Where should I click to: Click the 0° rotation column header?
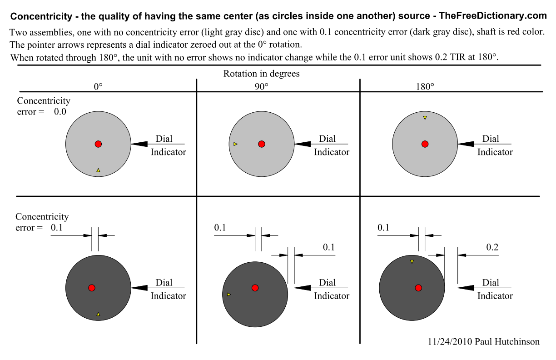point(98,86)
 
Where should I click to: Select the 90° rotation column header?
point(261,86)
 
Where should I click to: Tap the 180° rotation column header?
point(425,86)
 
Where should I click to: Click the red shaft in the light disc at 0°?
point(98,144)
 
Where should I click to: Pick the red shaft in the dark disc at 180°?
point(418,288)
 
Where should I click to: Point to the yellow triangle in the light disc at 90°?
point(235,144)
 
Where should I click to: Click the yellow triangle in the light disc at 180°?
point(425,118)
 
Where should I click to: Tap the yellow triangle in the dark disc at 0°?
point(98,314)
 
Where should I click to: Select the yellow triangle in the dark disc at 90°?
point(228,295)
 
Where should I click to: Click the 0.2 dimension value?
point(492,247)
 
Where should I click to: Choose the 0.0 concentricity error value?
point(60,112)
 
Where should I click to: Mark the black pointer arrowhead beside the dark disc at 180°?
point(466,288)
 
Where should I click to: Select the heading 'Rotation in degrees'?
point(261,74)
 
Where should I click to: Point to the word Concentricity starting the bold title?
point(38,17)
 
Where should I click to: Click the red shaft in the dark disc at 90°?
point(255,288)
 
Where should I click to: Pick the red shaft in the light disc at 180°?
point(425,144)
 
